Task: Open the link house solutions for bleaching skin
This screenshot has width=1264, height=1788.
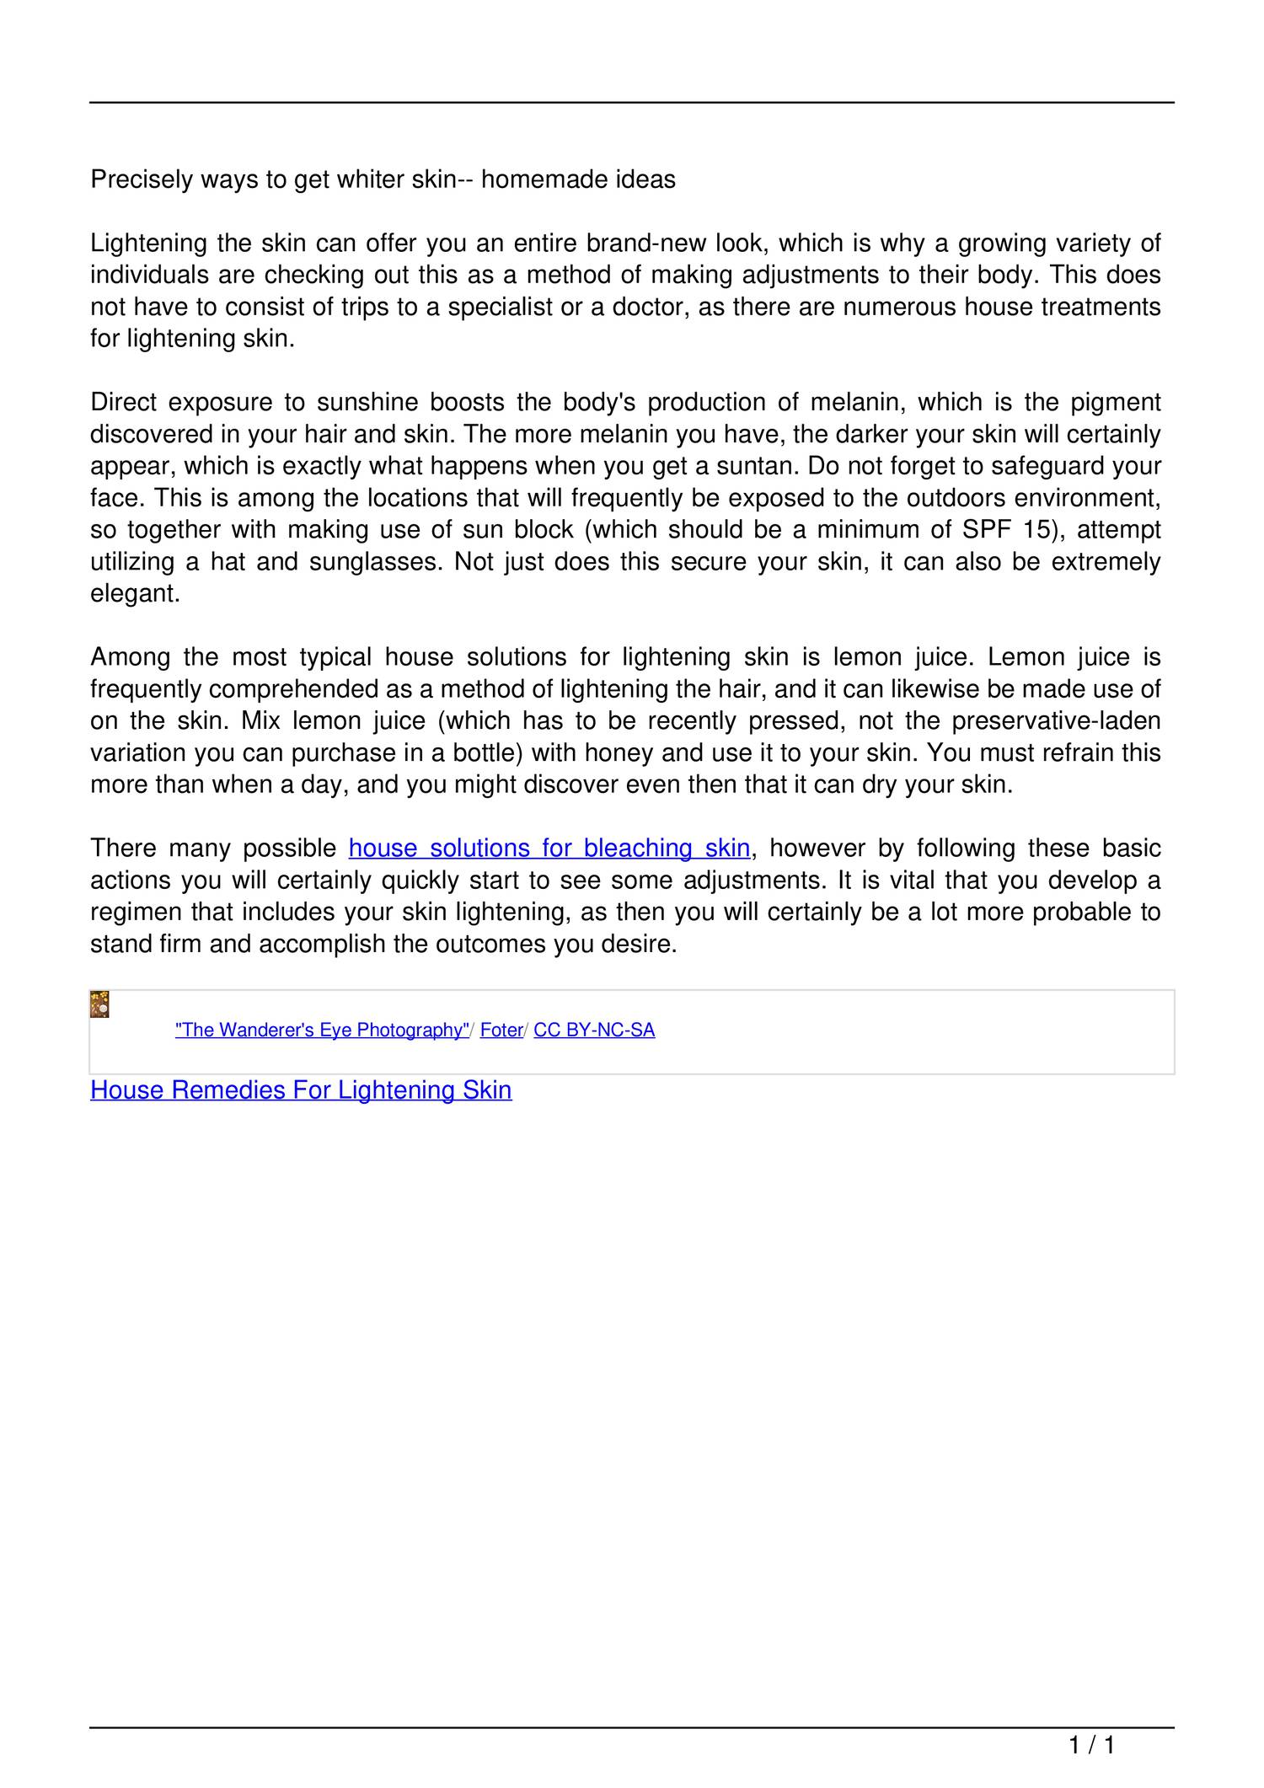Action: [549, 848]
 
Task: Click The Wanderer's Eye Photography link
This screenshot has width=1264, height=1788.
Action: [322, 1030]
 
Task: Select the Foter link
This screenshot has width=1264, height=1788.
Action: [501, 1030]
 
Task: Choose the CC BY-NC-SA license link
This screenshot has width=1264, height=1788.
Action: [594, 1030]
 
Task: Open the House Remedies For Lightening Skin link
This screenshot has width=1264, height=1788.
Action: [301, 1089]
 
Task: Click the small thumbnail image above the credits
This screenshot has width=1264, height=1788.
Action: [99, 1005]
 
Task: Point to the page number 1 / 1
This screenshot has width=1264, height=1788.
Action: [1091, 1745]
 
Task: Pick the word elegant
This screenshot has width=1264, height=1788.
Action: [135, 594]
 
